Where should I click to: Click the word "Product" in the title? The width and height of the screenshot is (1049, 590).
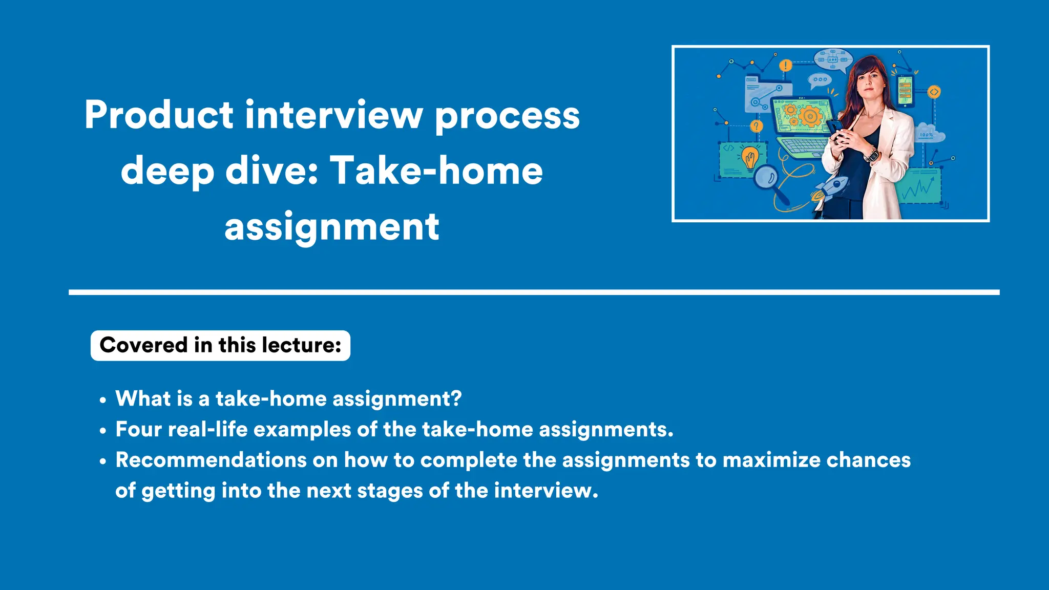pyautogui.click(x=159, y=115)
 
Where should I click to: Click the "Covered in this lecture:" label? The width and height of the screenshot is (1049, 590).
pyautogui.click(x=220, y=345)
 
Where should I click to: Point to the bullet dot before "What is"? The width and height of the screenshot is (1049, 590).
pyautogui.click(x=103, y=400)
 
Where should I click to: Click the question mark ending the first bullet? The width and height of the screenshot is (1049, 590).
pyautogui.click(x=456, y=398)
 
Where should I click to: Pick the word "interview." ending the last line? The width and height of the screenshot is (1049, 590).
pyautogui.click(x=546, y=491)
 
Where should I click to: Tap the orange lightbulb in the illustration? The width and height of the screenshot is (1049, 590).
pyautogui.click(x=750, y=156)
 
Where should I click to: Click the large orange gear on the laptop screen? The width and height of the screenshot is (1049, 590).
pyautogui.click(x=810, y=116)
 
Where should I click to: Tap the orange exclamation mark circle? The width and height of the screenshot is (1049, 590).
pyautogui.click(x=786, y=66)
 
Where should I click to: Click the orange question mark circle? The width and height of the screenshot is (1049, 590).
pyautogui.click(x=757, y=126)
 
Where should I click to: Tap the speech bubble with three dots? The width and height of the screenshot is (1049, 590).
pyautogui.click(x=820, y=80)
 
